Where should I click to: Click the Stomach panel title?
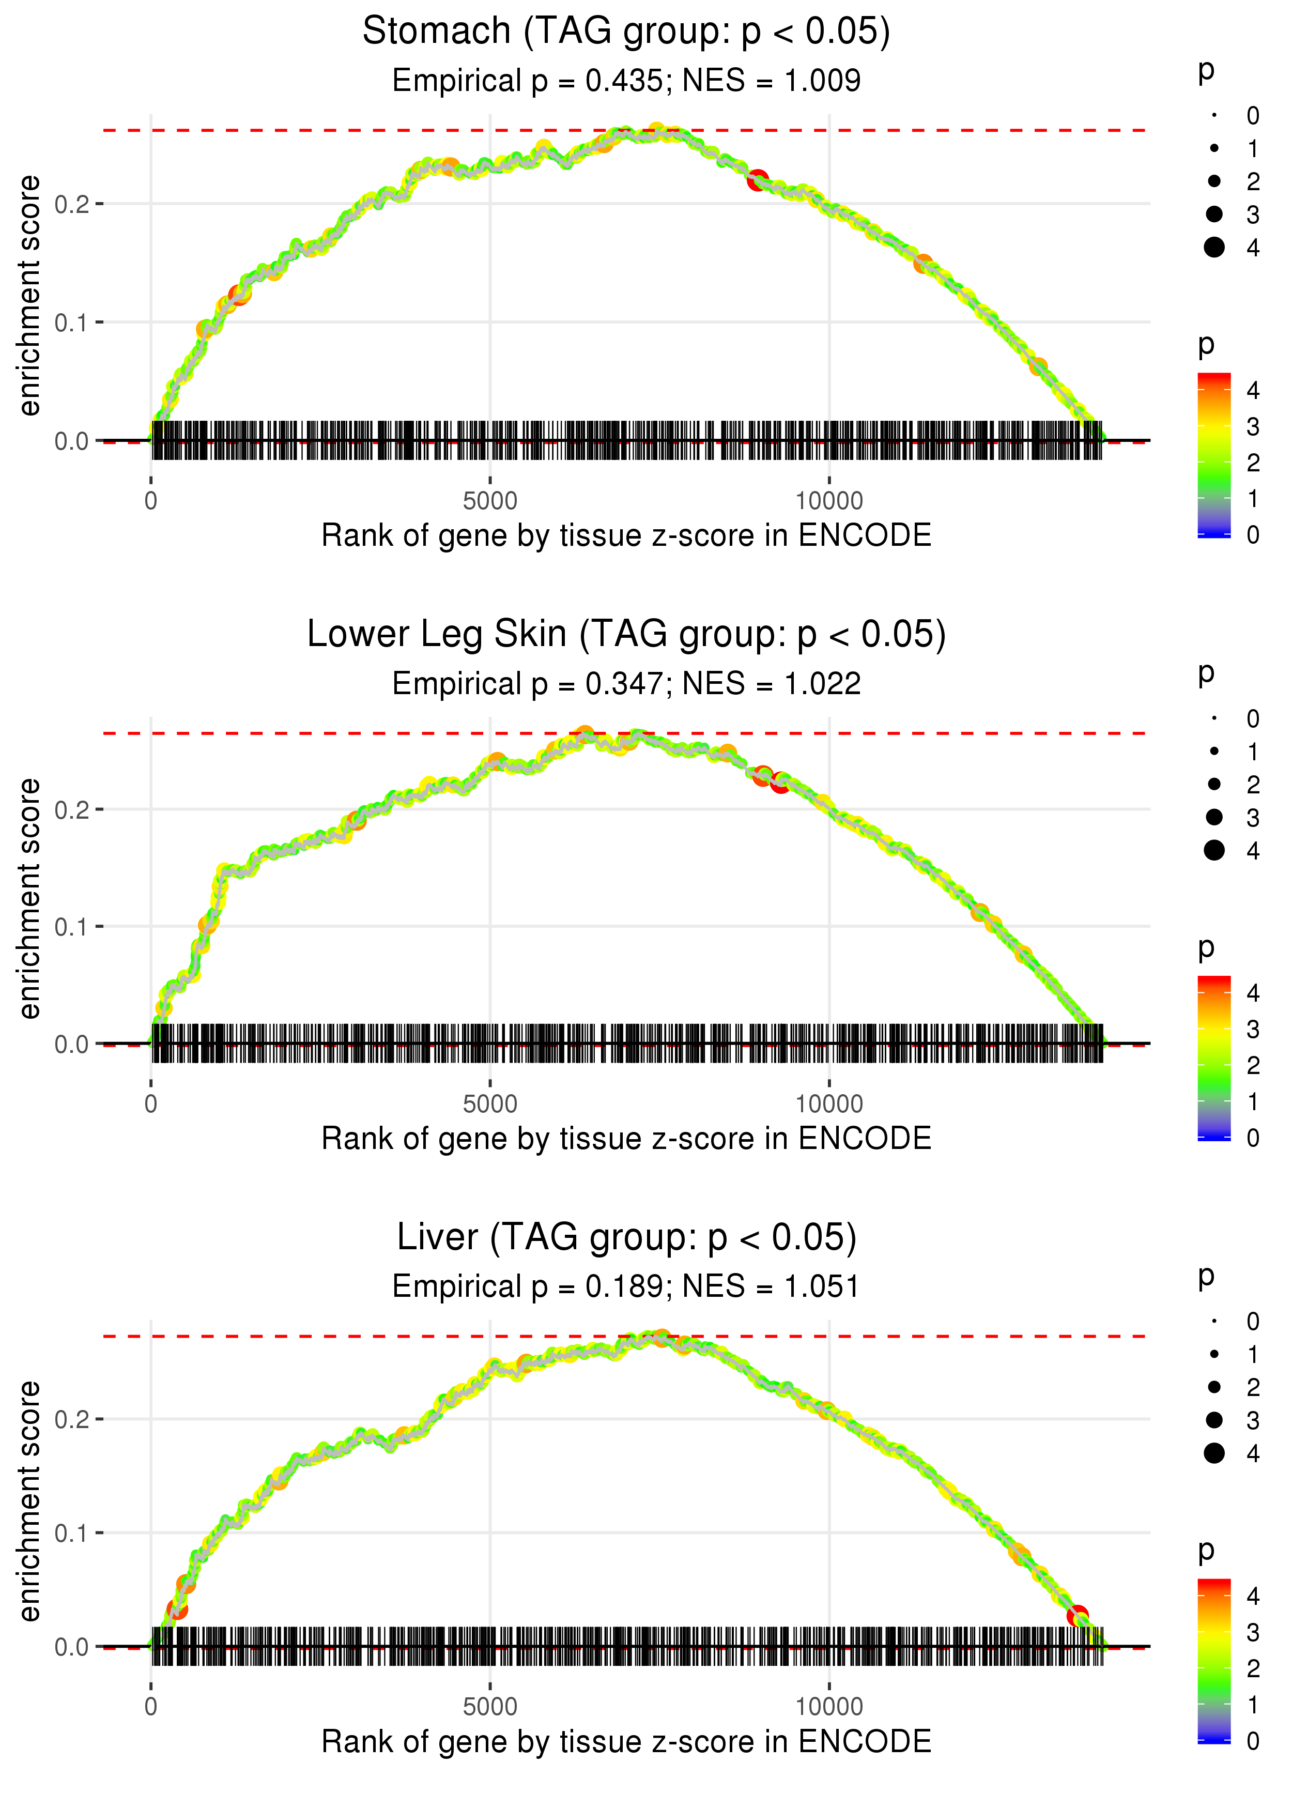tap(626, 32)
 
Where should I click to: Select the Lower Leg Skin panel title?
tap(626, 635)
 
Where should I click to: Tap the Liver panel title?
tap(626, 1238)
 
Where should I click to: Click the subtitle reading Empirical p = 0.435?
tap(626, 81)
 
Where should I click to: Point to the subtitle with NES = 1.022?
tap(626, 684)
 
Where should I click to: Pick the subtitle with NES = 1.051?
tap(626, 1287)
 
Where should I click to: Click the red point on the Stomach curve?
tap(758, 180)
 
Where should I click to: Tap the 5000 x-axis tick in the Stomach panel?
tap(490, 501)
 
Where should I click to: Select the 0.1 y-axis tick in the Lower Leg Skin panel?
tap(72, 927)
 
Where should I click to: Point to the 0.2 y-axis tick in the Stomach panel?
tap(72, 205)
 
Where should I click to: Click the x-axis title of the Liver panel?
tap(626, 1742)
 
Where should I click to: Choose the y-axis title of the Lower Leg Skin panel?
tap(29, 898)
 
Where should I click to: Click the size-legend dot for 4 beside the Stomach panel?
tap(1214, 248)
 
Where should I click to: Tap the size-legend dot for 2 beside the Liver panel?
tap(1214, 1387)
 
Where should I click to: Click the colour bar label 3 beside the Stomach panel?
tap(1253, 427)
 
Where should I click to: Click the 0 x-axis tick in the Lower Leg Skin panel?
tap(151, 1104)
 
